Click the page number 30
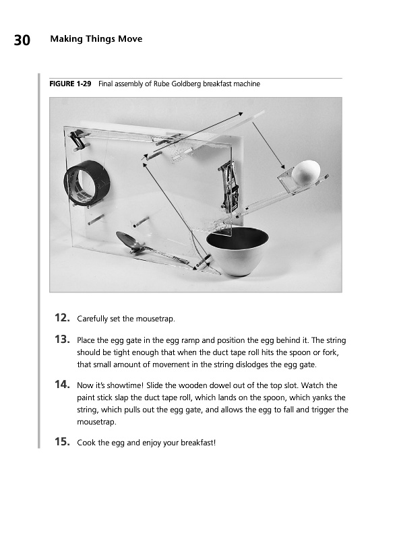point(22,40)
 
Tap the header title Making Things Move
point(96,39)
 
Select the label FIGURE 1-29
point(70,84)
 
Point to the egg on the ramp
point(306,172)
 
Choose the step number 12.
point(63,317)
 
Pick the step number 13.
point(63,340)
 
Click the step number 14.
point(63,384)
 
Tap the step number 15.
point(63,441)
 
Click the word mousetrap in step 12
point(155,319)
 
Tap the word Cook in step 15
point(85,443)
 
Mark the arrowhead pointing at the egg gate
point(283,167)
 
